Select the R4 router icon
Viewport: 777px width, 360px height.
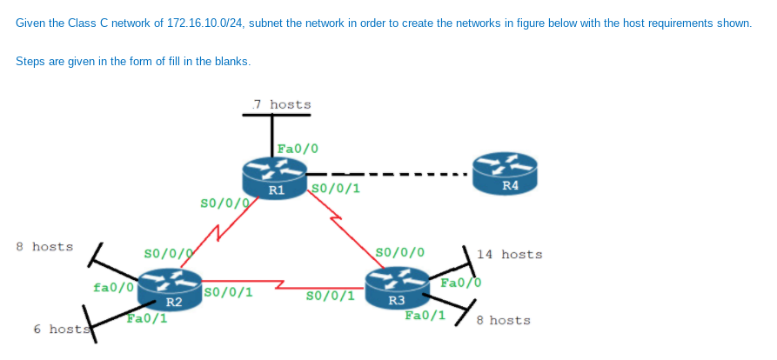(505, 171)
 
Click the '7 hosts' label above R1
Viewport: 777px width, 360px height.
(281, 104)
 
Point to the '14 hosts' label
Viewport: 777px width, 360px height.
(509, 255)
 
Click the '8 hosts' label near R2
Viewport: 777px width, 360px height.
(45, 247)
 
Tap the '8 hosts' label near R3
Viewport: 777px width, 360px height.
(504, 320)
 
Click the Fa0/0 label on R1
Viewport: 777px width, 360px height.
(298, 149)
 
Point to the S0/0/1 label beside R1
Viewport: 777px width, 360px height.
(335, 187)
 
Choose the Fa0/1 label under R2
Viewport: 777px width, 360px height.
(146, 318)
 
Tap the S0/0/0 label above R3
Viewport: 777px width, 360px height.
(399, 252)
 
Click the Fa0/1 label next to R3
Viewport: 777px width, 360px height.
(425, 315)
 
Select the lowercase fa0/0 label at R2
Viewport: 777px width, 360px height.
(113, 286)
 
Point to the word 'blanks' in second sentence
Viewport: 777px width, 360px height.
(232, 61)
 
